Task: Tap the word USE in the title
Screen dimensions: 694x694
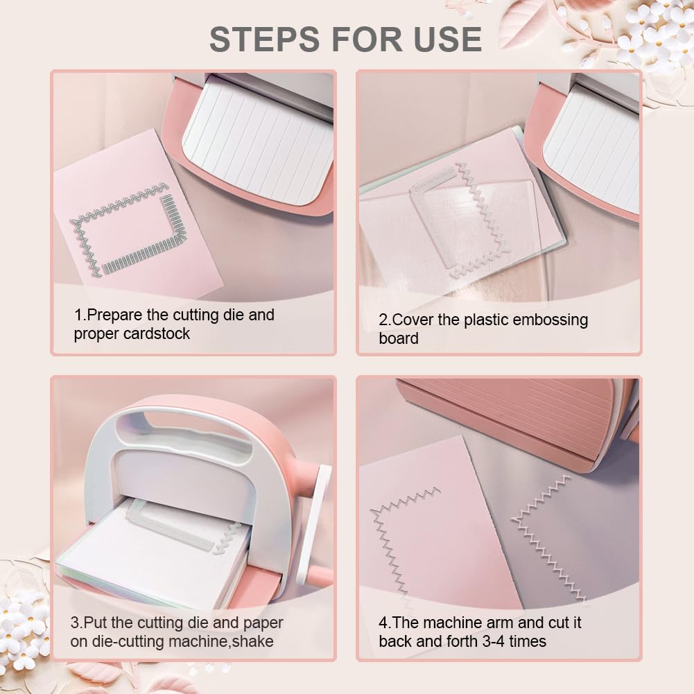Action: click(x=447, y=39)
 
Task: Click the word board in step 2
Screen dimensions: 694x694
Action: click(x=399, y=338)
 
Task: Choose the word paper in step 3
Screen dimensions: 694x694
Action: click(x=263, y=623)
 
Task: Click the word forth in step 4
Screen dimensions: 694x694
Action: click(x=462, y=641)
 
